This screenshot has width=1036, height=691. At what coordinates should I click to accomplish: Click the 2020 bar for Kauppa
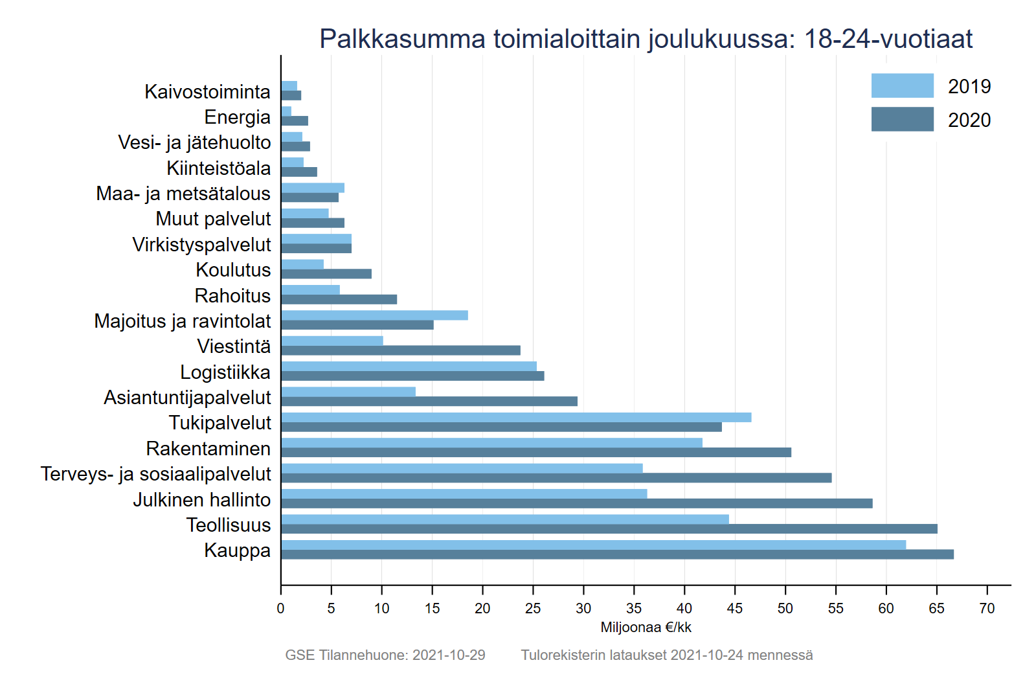pyautogui.click(x=617, y=554)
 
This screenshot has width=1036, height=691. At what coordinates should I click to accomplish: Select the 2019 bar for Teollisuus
pyautogui.click(x=505, y=519)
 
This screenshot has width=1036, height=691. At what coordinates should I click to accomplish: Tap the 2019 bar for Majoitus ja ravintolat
pyautogui.click(x=374, y=315)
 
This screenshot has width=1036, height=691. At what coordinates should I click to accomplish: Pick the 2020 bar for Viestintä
pyautogui.click(x=401, y=350)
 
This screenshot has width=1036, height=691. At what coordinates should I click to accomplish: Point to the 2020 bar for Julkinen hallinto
pyautogui.click(x=576, y=503)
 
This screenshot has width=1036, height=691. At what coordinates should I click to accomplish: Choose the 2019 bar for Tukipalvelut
pyautogui.click(x=516, y=417)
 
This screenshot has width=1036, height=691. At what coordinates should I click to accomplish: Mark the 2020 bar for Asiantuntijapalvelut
pyautogui.click(x=429, y=402)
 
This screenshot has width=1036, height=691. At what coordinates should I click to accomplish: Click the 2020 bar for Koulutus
pyautogui.click(x=326, y=274)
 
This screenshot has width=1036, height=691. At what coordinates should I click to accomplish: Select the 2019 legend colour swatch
pyautogui.click(x=902, y=85)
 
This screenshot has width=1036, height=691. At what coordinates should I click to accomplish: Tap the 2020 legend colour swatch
pyautogui.click(x=902, y=119)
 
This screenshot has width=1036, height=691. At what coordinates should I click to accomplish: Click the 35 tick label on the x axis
pyautogui.click(x=634, y=609)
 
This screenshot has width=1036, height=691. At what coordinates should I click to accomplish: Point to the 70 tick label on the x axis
pyautogui.click(x=987, y=609)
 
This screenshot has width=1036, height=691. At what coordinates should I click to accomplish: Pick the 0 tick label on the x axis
pyautogui.click(x=280, y=609)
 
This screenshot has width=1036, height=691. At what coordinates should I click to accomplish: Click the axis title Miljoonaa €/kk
pyautogui.click(x=646, y=628)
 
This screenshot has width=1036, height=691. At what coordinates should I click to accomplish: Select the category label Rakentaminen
pyautogui.click(x=208, y=449)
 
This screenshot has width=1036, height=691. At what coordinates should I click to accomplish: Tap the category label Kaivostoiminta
pyautogui.click(x=207, y=92)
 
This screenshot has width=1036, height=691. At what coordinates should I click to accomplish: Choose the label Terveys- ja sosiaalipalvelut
pyautogui.click(x=156, y=474)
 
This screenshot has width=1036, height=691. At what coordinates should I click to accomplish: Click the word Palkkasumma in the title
pyautogui.click(x=402, y=39)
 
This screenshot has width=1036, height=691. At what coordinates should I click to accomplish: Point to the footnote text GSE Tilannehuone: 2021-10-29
pyautogui.click(x=385, y=655)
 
